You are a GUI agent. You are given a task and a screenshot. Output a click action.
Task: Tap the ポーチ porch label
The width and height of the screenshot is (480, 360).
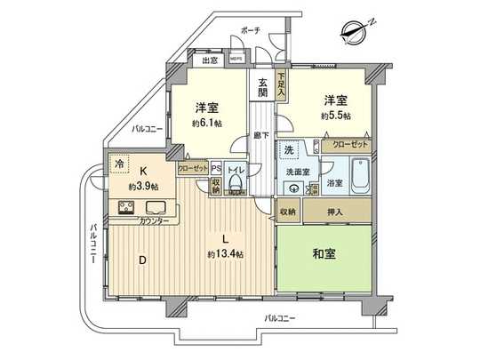(250, 30)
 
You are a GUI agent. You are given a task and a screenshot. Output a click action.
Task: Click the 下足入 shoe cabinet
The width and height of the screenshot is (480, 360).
(281, 85)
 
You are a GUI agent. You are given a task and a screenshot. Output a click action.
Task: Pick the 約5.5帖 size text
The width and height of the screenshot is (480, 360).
(335, 116)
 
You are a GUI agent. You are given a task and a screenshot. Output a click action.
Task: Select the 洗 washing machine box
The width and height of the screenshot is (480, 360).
(289, 148)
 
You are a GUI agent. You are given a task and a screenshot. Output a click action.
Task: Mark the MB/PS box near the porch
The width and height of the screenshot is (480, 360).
(237, 60)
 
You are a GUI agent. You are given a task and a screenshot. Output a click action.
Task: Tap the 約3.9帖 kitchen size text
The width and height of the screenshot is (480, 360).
(142, 188)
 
